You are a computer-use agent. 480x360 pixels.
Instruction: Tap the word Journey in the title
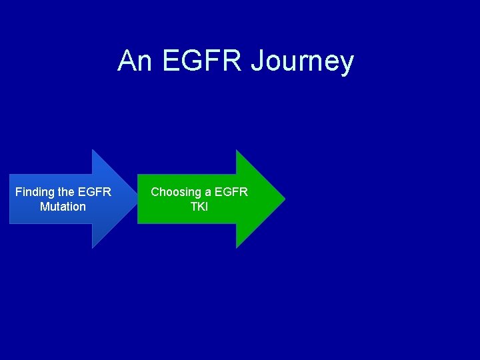(302, 61)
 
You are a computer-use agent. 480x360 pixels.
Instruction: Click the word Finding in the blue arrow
(35, 193)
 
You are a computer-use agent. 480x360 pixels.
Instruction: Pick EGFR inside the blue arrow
(95, 192)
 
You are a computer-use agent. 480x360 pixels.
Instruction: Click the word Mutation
(63, 207)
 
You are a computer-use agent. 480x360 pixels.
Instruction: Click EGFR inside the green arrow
(233, 192)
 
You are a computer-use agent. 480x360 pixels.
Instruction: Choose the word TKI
(199, 207)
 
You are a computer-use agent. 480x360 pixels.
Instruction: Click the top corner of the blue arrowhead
(93, 150)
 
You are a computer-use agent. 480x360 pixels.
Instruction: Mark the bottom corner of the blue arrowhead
(93, 248)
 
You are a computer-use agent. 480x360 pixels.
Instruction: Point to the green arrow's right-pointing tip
(284, 199)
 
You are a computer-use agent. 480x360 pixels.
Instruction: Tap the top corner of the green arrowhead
(237, 150)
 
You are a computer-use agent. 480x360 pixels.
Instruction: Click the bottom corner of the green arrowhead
(237, 248)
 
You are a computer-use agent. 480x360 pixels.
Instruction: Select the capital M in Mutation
(45, 207)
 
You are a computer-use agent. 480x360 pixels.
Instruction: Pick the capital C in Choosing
(155, 192)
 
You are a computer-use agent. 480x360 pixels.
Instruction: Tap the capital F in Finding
(19, 192)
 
